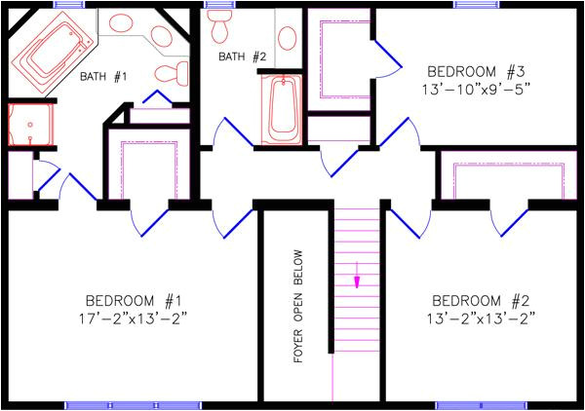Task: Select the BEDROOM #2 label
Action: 481,299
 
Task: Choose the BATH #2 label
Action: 242,56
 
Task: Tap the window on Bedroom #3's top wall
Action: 469,4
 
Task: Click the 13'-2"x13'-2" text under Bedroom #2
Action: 481,318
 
